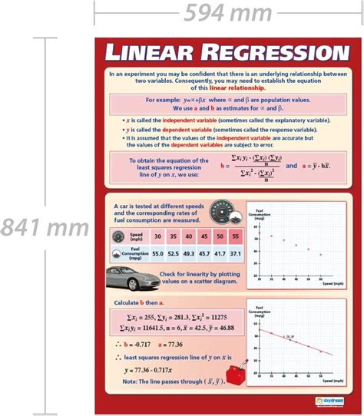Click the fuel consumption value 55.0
pyautogui.click(x=157, y=253)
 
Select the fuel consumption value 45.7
pyautogui.click(x=203, y=253)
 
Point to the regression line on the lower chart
pyautogui.click(x=299, y=341)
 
